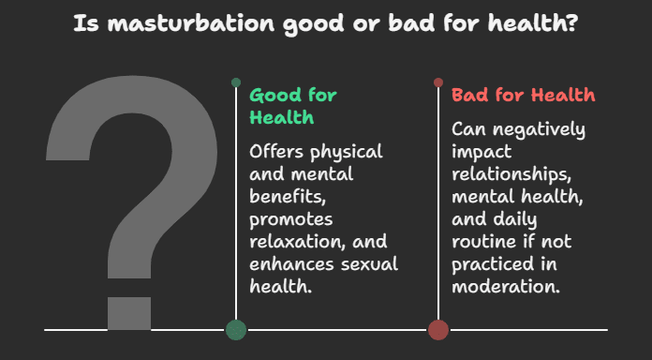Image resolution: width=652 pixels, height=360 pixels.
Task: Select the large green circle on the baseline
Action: pos(236,329)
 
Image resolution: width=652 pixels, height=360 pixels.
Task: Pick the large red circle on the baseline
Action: pos(438,329)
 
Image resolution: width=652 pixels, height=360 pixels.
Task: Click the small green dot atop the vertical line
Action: pos(236,82)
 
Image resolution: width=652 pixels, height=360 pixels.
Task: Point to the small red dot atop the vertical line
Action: pos(438,82)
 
